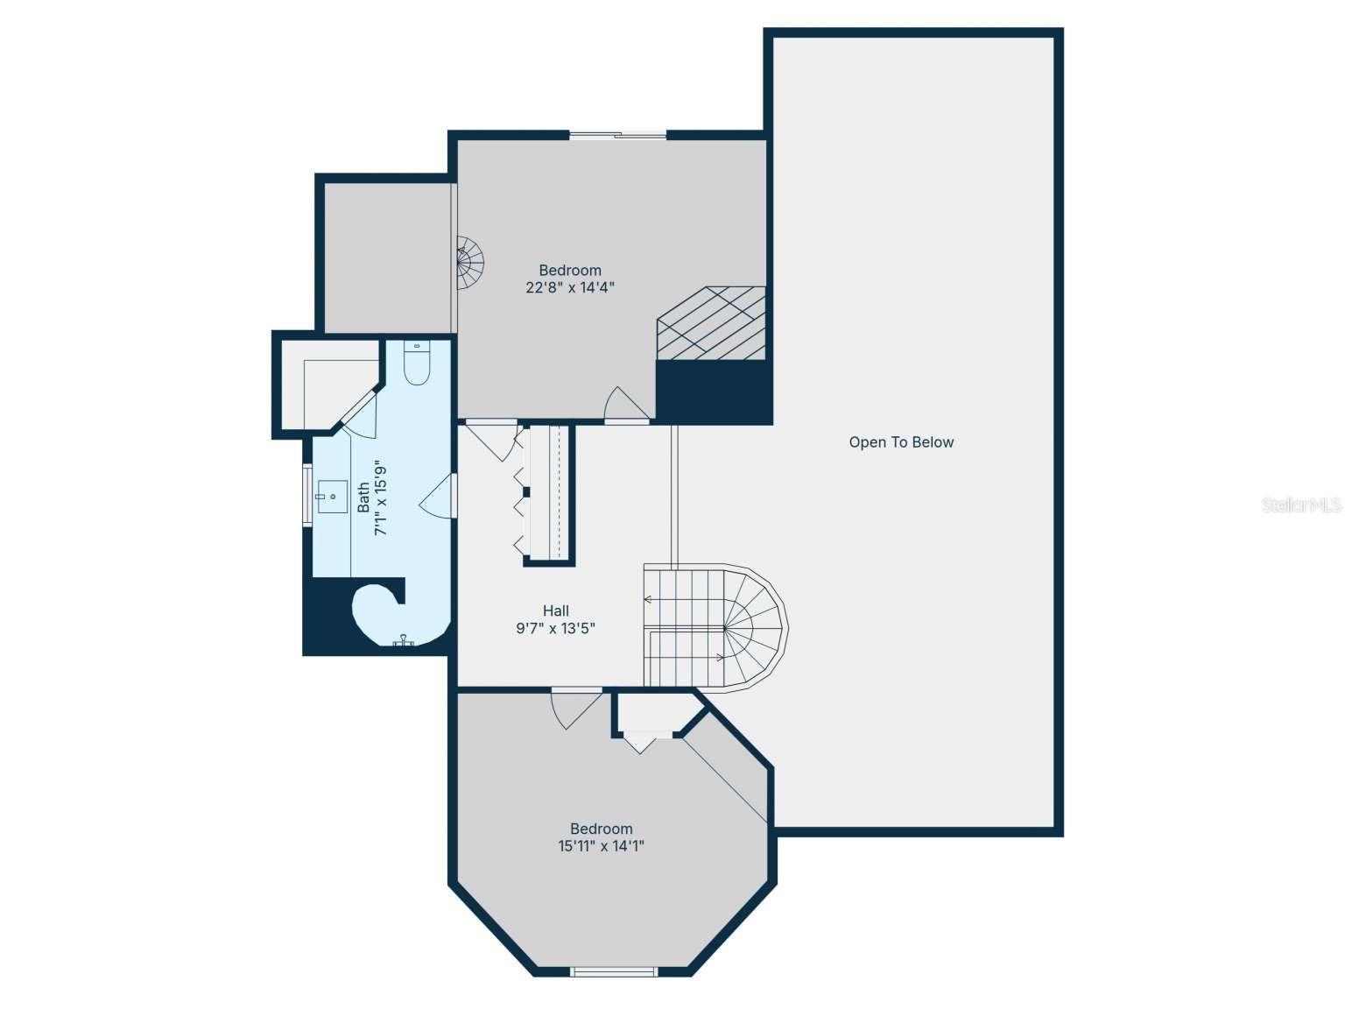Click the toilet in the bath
coord(417,363)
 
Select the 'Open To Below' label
coord(901,442)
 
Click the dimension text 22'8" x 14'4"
coord(570,287)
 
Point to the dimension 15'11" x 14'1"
coord(602,846)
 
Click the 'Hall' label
coord(556,610)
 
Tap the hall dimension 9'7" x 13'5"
coord(556,628)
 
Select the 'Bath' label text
coord(363,497)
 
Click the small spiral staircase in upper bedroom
coord(470,262)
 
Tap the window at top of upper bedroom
coord(618,135)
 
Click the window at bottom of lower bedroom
coord(613,970)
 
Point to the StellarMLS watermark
coord(1300,504)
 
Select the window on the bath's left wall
coord(307,496)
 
